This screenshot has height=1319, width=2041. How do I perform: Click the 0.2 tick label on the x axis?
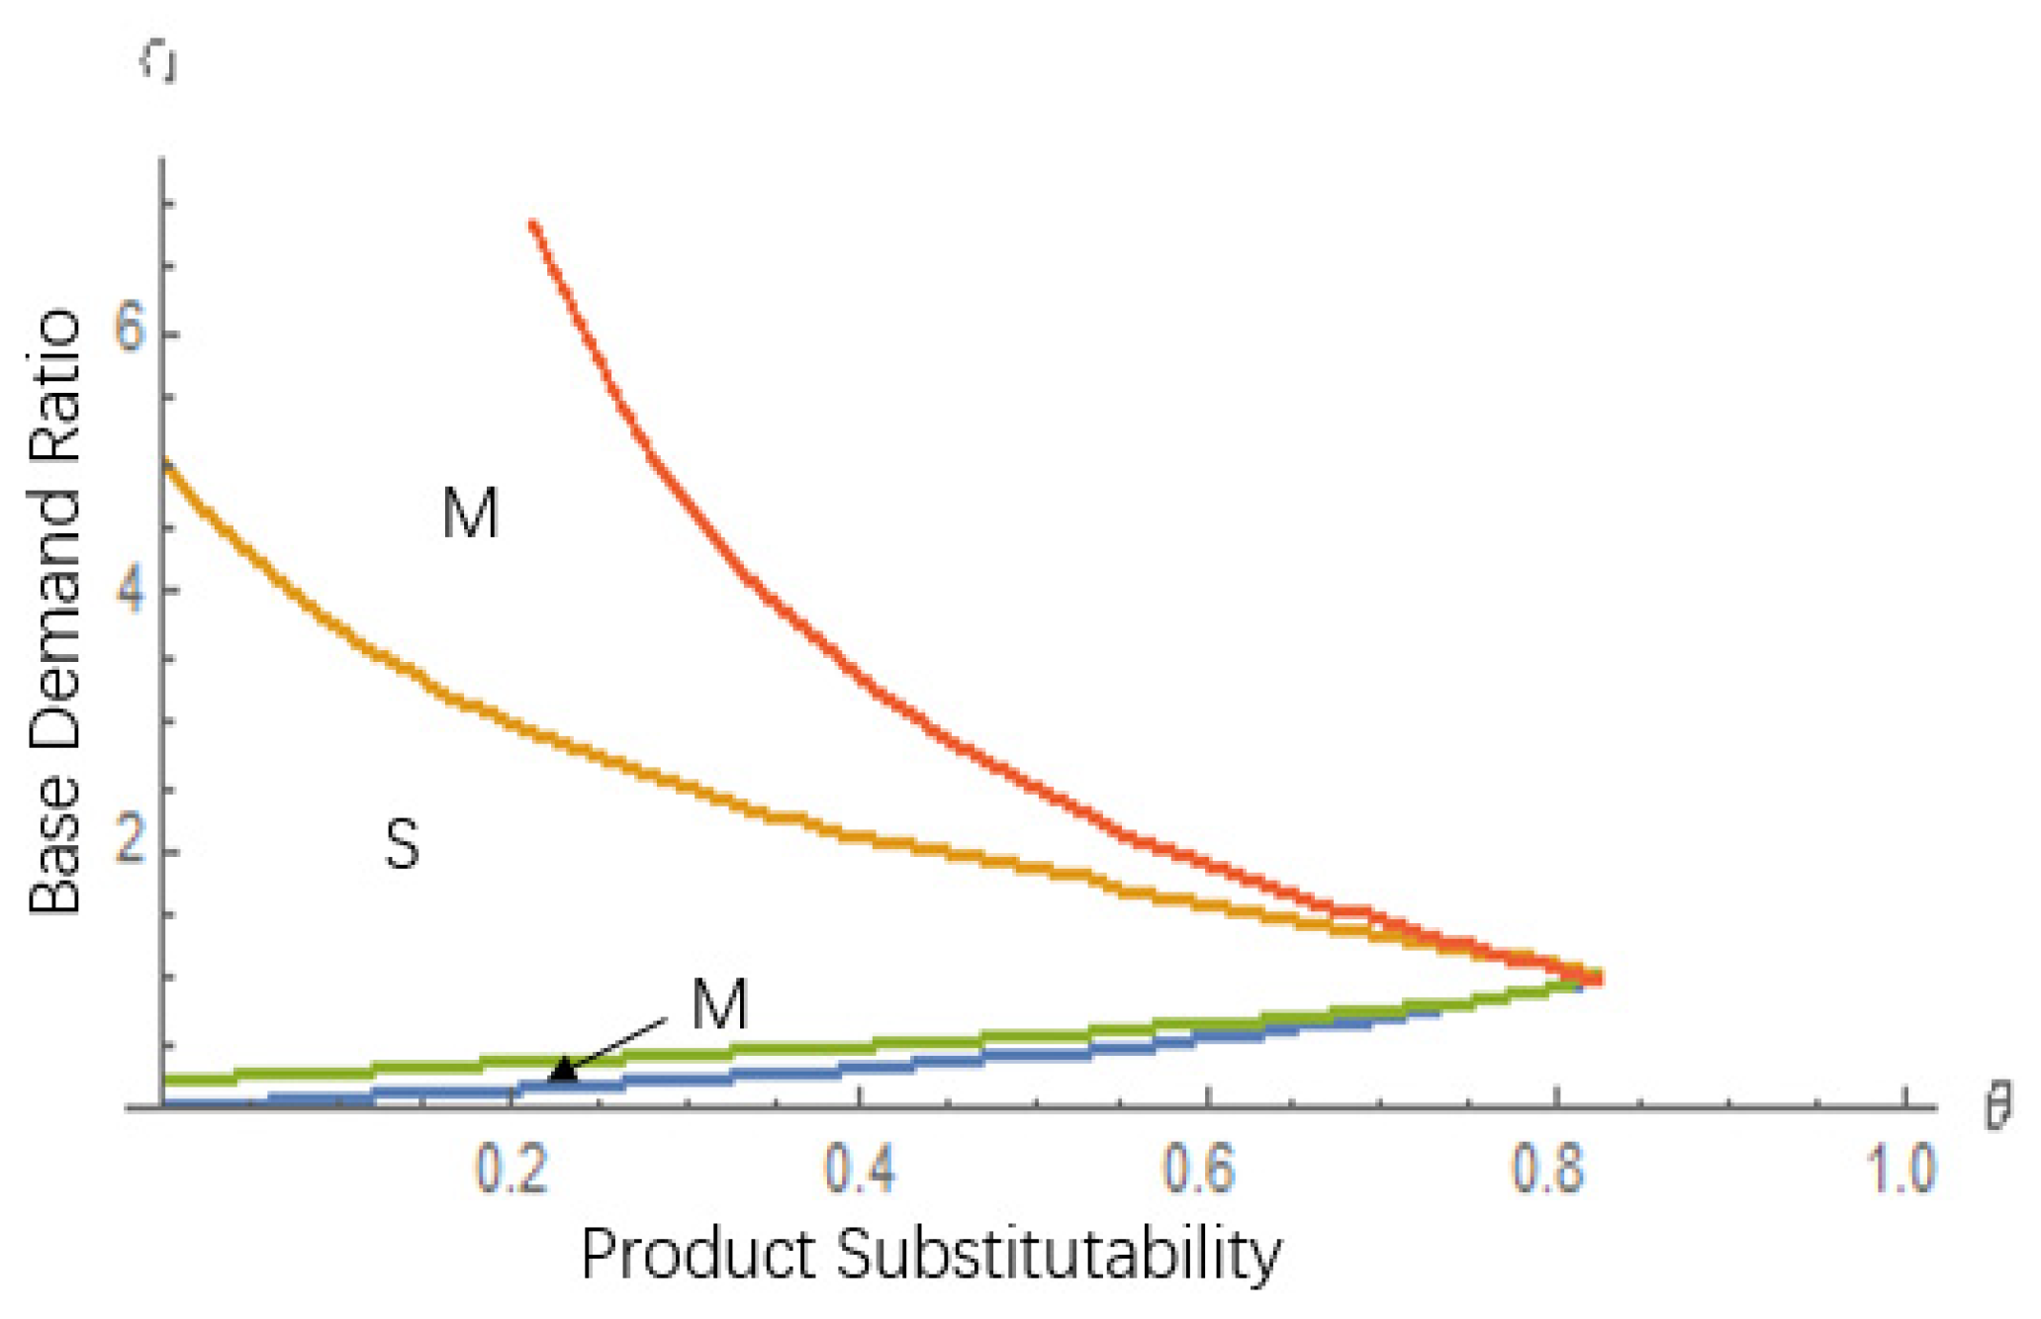point(510,1171)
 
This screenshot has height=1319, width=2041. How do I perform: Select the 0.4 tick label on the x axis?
point(860,1171)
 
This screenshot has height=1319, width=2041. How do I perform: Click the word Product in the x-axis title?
point(696,1255)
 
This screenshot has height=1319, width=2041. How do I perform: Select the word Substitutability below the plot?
point(1059,1255)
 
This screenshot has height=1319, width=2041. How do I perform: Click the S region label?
point(402,847)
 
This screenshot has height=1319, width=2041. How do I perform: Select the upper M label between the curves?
point(470,514)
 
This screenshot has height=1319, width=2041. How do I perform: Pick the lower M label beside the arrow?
point(719,1004)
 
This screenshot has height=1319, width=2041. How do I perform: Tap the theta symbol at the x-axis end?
point(1997,1108)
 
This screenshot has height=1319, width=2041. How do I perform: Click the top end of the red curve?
point(533,225)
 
